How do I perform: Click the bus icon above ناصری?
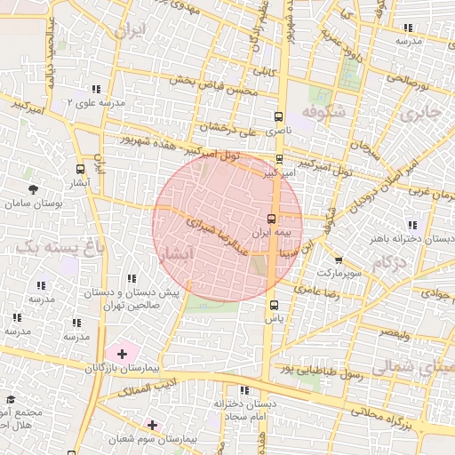click(280, 116)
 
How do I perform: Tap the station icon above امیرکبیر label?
click(281, 160)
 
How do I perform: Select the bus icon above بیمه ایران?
click(272, 218)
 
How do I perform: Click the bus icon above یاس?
click(273, 305)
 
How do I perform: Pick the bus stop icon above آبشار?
click(81, 168)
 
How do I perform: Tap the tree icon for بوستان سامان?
click(34, 189)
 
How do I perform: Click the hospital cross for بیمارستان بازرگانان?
click(122, 354)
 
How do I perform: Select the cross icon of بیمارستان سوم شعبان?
click(153, 426)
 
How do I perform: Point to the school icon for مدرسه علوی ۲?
click(95, 89)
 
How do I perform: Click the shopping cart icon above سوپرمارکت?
click(339, 259)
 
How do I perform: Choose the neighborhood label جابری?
click(419, 114)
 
